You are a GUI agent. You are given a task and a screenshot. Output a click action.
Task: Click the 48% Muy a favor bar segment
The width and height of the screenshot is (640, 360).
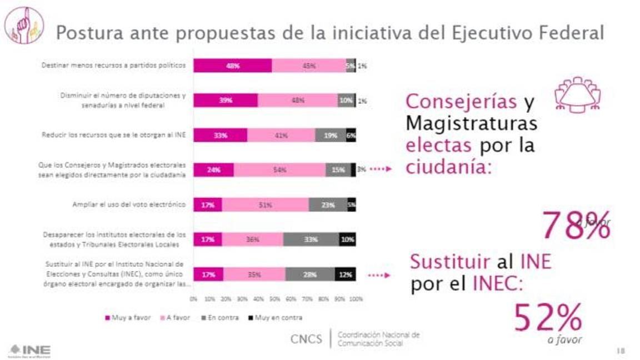click(x=232, y=66)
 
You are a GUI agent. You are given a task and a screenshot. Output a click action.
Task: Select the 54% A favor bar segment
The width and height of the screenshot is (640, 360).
click(x=279, y=170)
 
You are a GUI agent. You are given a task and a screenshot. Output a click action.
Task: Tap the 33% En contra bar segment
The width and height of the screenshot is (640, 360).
click(x=311, y=239)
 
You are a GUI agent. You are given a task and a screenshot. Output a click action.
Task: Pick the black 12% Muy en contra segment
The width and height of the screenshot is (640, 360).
click(x=345, y=274)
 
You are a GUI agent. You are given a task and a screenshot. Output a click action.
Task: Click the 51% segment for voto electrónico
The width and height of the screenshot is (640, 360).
click(x=265, y=204)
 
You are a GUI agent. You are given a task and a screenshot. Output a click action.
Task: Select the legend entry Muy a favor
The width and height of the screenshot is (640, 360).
click(x=128, y=318)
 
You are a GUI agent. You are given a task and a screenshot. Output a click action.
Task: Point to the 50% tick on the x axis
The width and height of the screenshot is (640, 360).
click(x=274, y=299)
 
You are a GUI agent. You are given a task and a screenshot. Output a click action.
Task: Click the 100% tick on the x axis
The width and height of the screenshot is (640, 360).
click(x=356, y=299)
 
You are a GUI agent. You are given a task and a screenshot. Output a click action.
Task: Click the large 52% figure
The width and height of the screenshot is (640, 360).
click(x=548, y=318)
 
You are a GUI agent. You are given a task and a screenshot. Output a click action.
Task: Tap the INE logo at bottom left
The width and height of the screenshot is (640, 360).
click(x=30, y=350)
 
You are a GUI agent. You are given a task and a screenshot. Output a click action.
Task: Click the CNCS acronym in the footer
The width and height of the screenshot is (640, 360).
click(x=306, y=338)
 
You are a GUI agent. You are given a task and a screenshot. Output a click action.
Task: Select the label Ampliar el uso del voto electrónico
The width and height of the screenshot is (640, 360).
click(x=129, y=204)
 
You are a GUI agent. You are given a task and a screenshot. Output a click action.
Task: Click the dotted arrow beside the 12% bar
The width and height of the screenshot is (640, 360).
click(x=381, y=274)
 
